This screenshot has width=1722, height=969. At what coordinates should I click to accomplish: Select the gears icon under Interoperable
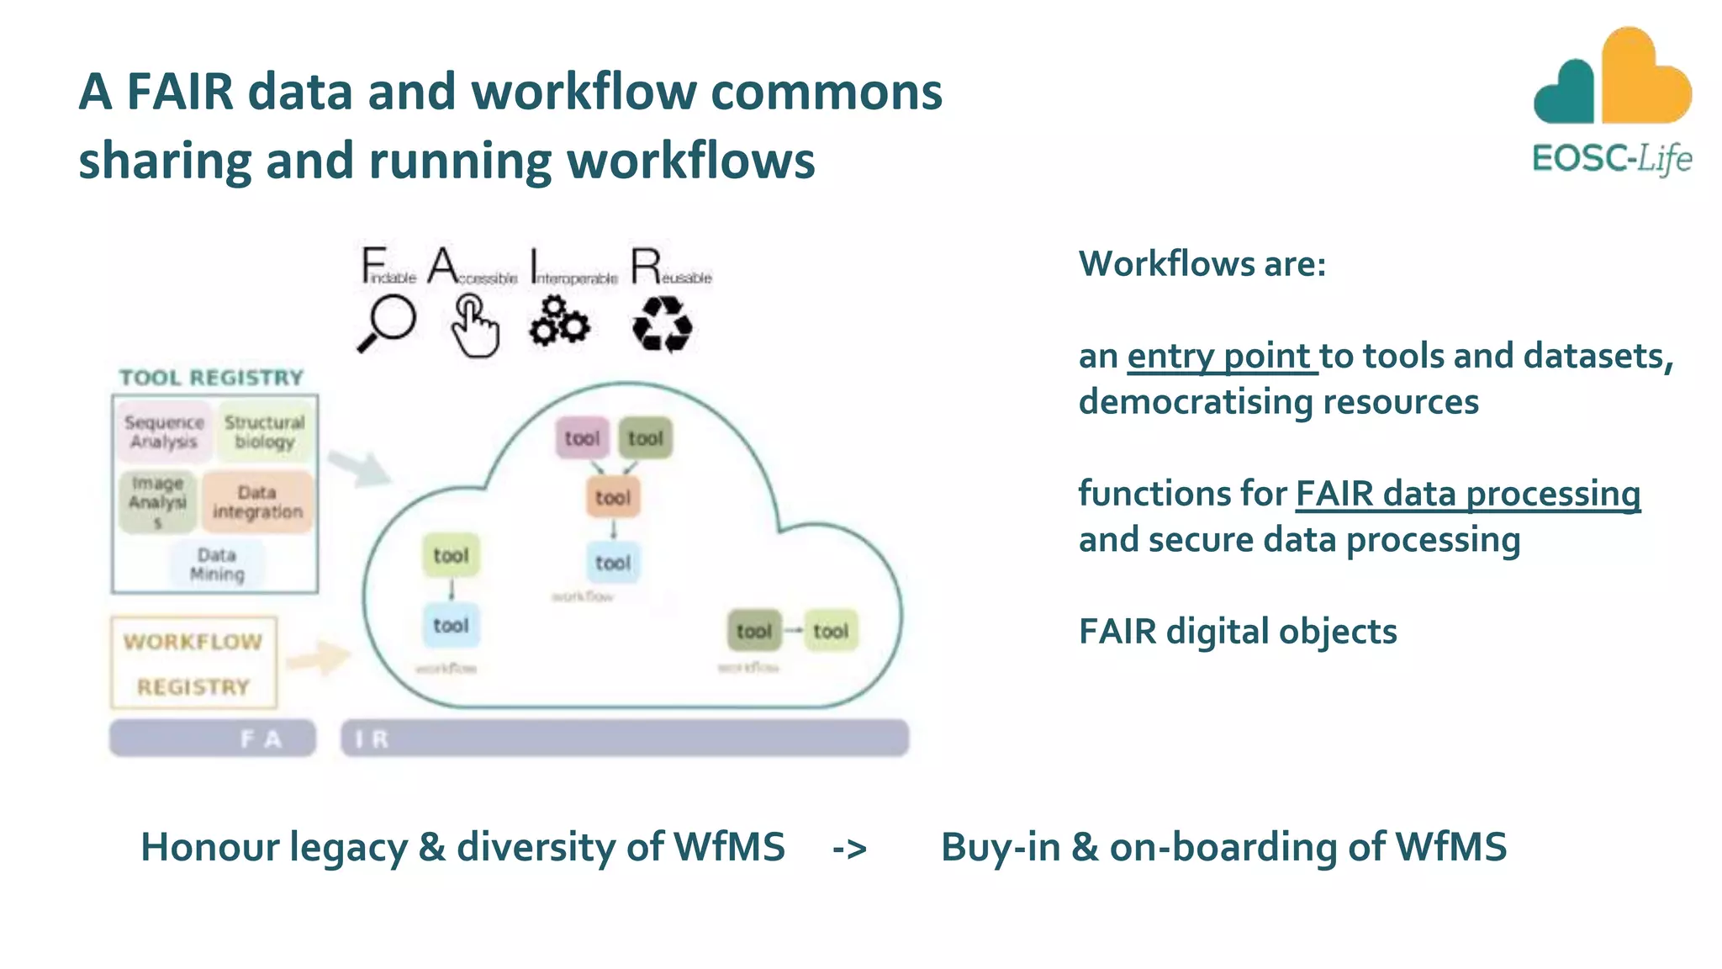(x=559, y=322)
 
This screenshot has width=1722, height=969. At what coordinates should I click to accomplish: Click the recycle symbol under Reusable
(x=662, y=324)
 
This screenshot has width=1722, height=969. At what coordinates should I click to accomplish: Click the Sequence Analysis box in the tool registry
(x=164, y=432)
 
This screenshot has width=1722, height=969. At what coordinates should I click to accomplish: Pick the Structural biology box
(x=265, y=432)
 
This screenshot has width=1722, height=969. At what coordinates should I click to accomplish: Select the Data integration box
(x=257, y=502)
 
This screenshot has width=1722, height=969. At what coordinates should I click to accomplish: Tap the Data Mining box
(x=217, y=564)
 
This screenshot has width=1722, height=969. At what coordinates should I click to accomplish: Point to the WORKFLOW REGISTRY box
(x=193, y=664)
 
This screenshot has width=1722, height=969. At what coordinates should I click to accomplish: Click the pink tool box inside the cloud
(x=582, y=438)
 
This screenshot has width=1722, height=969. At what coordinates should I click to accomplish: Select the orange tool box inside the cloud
(x=612, y=497)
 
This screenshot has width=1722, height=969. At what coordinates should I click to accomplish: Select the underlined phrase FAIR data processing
(x=1467, y=494)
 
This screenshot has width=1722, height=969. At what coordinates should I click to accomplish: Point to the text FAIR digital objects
(x=1238, y=632)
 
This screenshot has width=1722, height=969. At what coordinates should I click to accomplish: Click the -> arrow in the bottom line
(x=849, y=848)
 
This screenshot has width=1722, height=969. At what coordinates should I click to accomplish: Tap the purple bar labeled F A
(x=213, y=739)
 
